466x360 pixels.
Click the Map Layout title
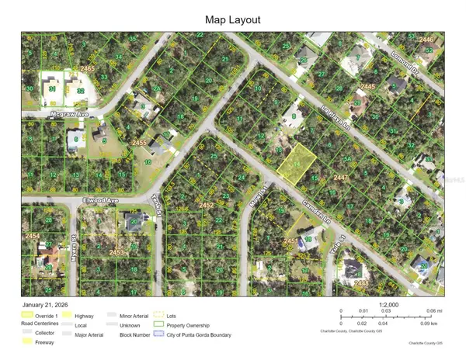[x=232, y=19]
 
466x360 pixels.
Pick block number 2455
[x=139, y=143]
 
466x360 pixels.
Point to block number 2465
[x=87, y=69]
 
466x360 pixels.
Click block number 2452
[x=206, y=205]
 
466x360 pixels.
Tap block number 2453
[x=116, y=253]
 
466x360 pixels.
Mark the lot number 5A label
[x=349, y=159]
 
